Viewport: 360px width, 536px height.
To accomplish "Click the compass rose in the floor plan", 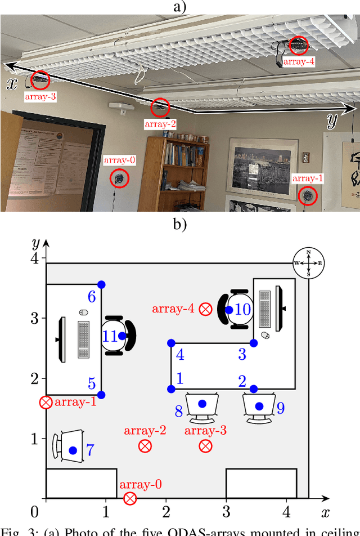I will click(x=308, y=263).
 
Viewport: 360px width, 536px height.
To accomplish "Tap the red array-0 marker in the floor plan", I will click(x=130, y=498).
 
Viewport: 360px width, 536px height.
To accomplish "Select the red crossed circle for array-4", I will click(x=206, y=309).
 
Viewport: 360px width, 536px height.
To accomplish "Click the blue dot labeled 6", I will click(x=101, y=284).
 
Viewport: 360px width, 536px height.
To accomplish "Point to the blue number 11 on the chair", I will click(x=110, y=336).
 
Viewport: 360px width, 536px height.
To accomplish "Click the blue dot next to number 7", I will click(x=73, y=450).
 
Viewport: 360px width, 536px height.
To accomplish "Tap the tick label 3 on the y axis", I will click(x=35, y=318).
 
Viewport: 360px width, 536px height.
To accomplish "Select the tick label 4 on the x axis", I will click(x=286, y=512).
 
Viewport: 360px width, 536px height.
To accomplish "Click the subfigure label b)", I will click(x=179, y=224).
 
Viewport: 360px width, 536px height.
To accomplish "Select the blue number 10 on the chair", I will click(x=242, y=309).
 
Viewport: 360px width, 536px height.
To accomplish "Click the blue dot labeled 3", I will click(x=254, y=343).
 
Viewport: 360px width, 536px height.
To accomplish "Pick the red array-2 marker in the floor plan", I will click(x=145, y=446).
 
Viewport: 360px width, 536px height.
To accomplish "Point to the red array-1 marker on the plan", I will click(x=46, y=403).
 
